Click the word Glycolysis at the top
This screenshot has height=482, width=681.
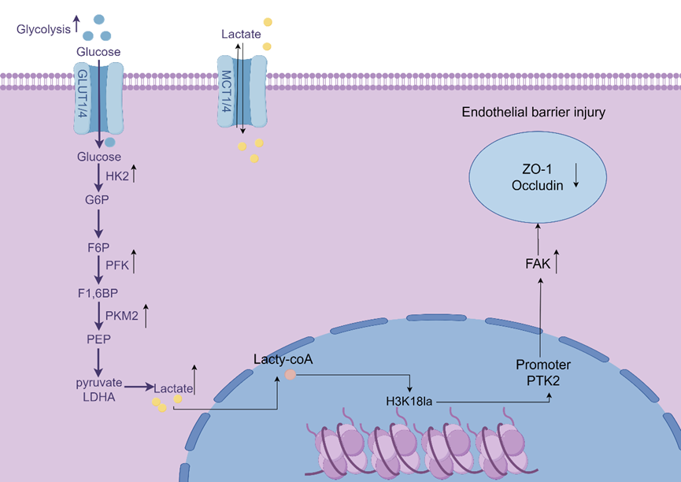click(x=43, y=29)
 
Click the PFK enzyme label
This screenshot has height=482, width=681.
click(x=117, y=265)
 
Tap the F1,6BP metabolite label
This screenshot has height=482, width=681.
click(x=98, y=293)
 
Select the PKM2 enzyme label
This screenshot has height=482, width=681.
click(x=121, y=316)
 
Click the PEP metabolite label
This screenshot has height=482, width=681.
click(x=98, y=339)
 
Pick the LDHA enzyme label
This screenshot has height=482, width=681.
click(x=98, y=396)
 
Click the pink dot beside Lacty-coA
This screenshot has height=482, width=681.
click(x=290, y=376)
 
